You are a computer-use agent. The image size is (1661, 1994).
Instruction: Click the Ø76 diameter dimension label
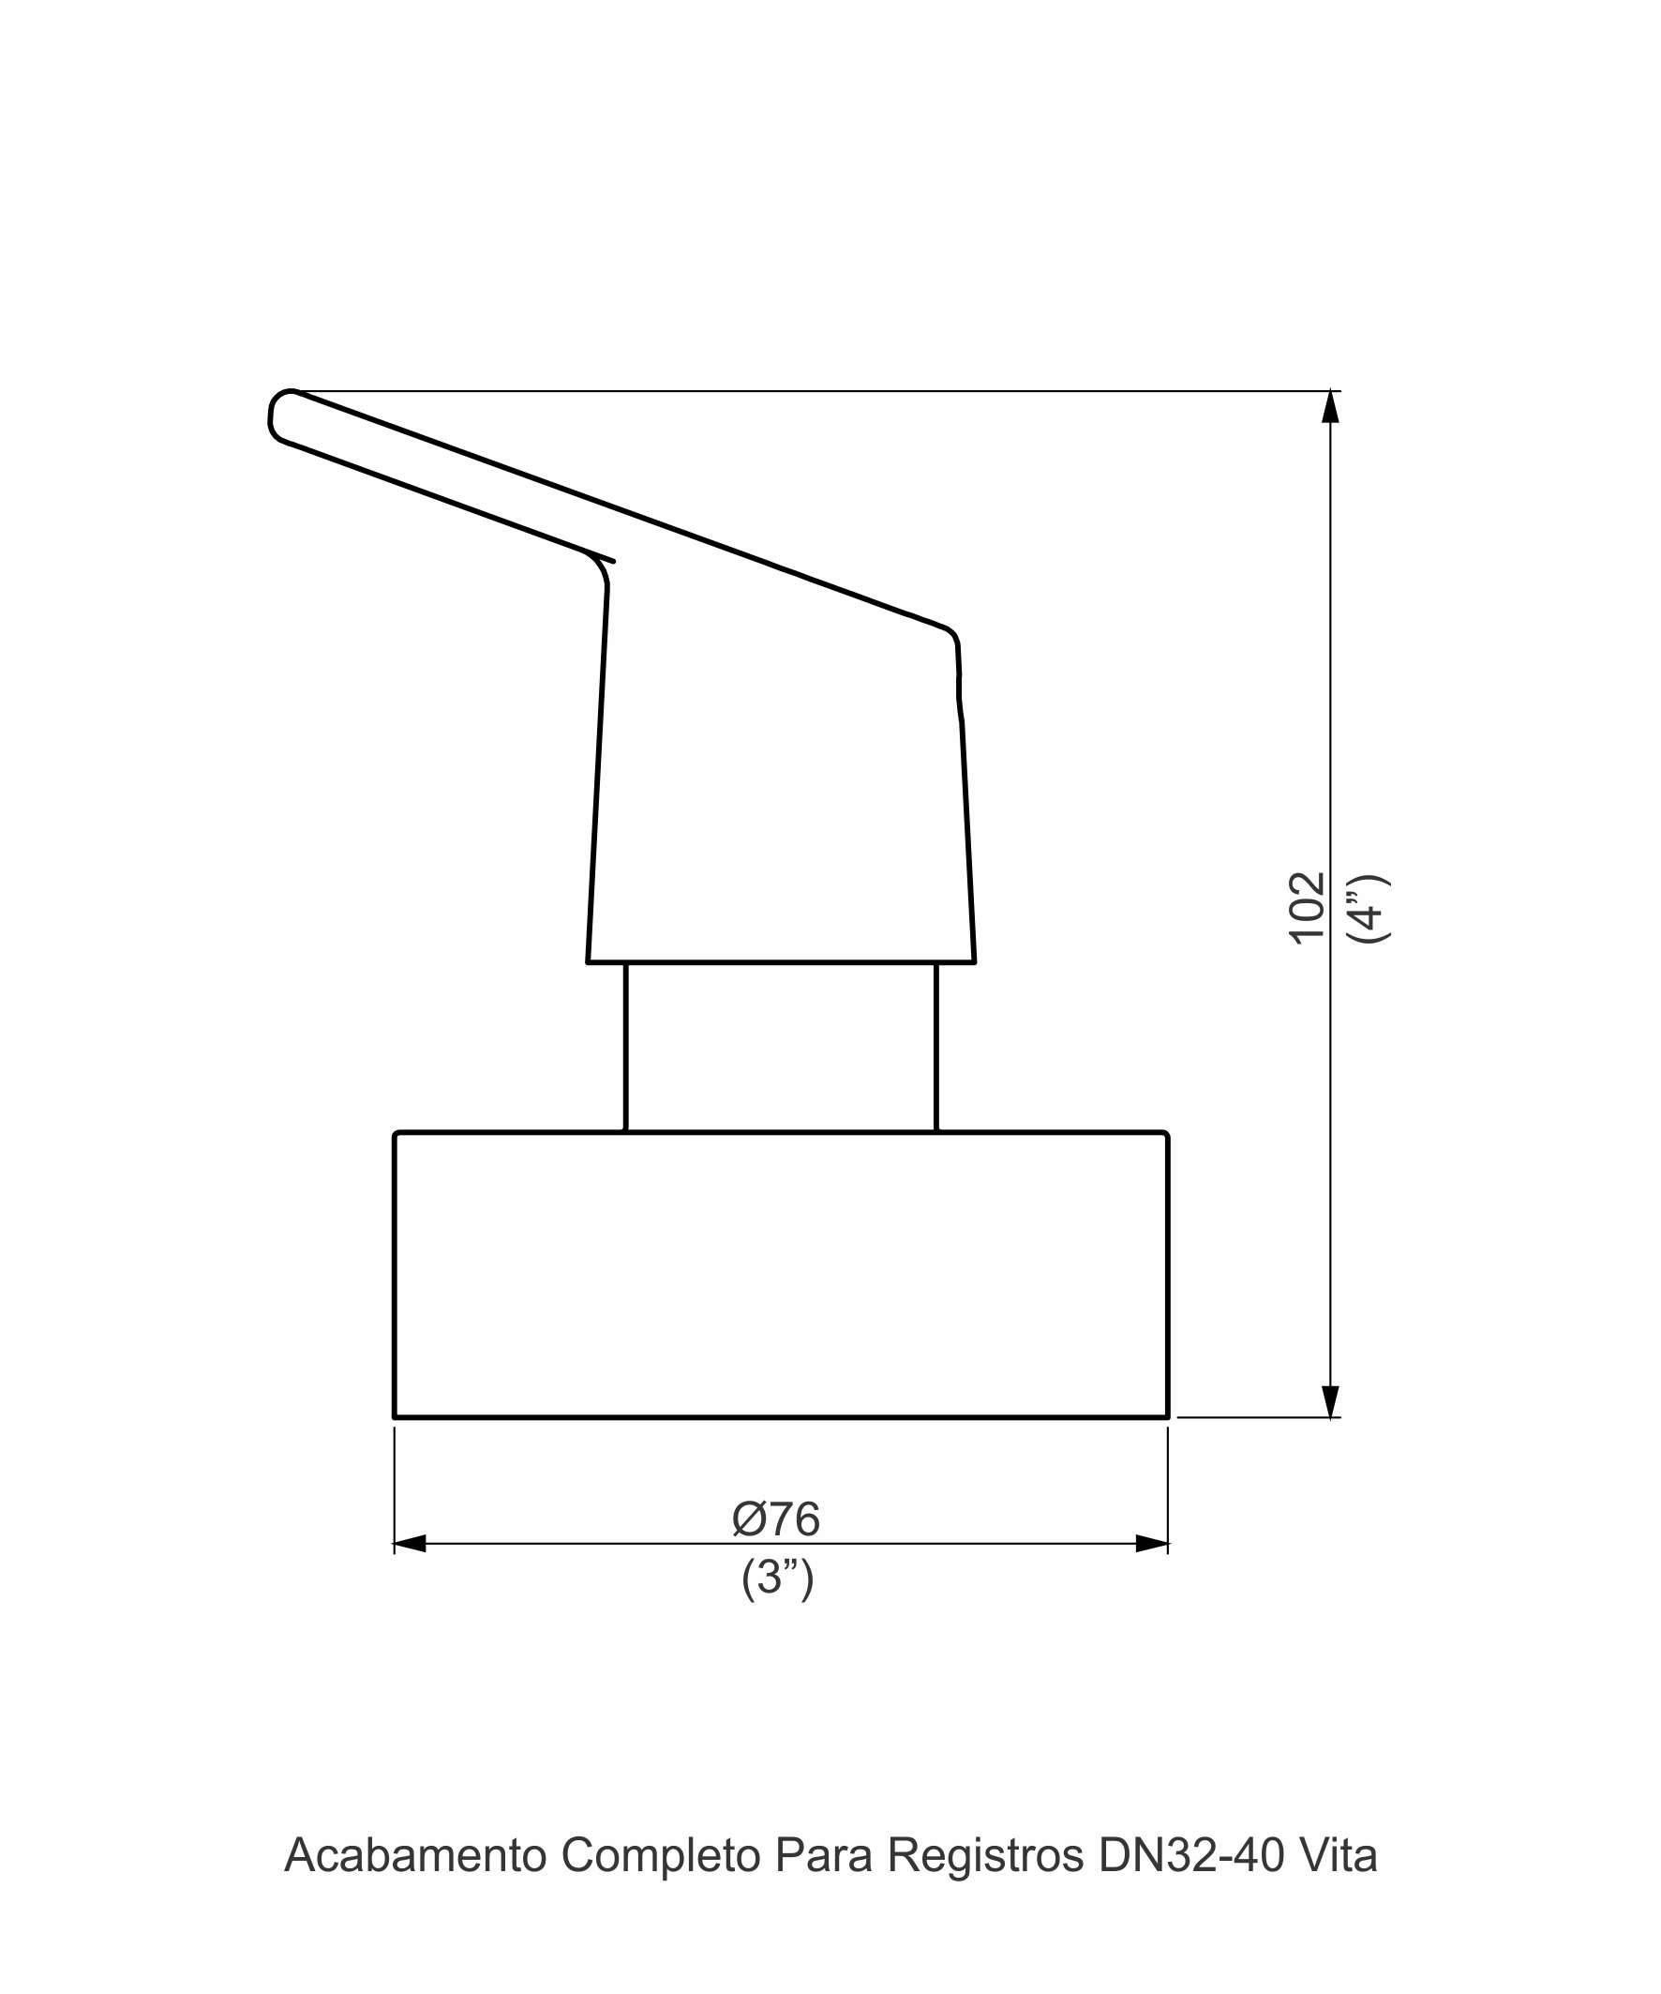[775, 1519]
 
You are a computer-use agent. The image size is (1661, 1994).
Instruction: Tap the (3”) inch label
[777, 1579]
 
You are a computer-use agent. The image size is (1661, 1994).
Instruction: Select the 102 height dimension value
[1307, 907]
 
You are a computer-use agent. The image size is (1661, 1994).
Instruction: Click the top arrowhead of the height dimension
[1331, 406]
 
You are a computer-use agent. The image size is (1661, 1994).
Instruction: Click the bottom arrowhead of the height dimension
[1331, 1401]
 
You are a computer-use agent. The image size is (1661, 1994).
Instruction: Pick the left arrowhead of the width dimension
[410, 1544]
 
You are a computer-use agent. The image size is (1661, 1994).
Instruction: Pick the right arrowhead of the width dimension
[1151, 1544]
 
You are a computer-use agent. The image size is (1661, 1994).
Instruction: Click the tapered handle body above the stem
[780, 788]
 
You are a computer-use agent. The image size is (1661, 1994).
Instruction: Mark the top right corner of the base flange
[1165, 1134]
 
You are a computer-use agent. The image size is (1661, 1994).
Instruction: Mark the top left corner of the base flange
[397, 1134]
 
